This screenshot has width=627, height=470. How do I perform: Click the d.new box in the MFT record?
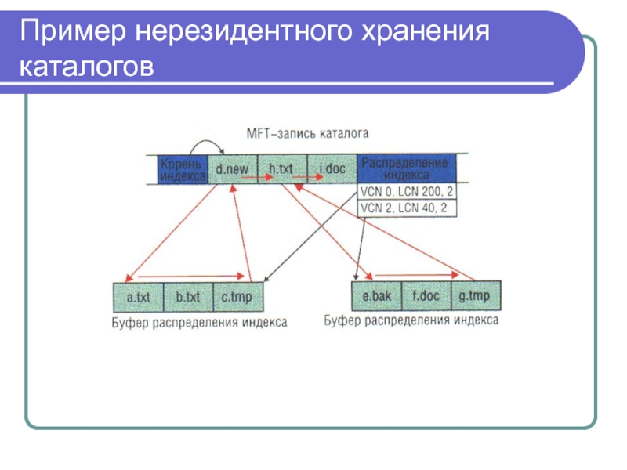[233, 168]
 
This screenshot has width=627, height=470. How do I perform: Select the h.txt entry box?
[281, 168]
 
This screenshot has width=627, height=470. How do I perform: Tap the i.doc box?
[332, 168]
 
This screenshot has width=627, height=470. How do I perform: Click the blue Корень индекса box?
[183, 168]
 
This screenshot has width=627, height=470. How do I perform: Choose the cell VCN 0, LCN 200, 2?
[408, 192]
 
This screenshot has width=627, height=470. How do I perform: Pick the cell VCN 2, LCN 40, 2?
[408, 208]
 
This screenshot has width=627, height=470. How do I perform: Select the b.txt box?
[188, 298]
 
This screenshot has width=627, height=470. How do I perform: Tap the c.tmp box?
[237, 298]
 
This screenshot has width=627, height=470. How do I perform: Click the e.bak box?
[377, 296]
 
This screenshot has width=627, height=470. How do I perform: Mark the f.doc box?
[426, 296]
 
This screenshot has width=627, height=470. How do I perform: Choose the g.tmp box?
[475, 296]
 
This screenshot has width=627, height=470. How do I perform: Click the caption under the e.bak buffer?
[411, 320]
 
